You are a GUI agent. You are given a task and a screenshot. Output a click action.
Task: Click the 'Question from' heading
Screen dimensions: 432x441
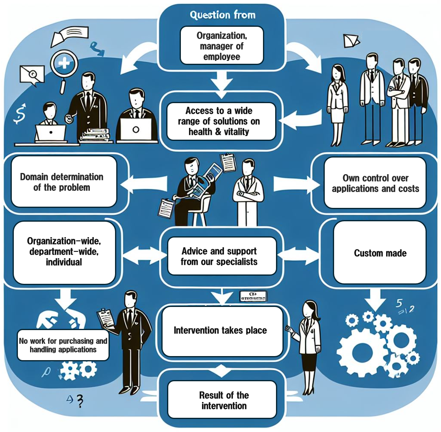pyautogui.click(x=223, y=15)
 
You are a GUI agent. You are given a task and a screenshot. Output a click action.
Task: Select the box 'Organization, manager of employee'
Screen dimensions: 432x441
pyautogui.click(x=222, y=46)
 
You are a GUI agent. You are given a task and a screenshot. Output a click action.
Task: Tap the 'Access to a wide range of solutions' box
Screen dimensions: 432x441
pyautogui.click(x=222, y=121)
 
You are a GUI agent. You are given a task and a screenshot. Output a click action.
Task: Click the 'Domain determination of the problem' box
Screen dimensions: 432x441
pyautogui.click(x=62, y=182)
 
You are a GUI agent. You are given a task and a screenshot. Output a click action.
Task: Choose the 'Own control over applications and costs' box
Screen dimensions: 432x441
pyautogui.click(x=375, y=183)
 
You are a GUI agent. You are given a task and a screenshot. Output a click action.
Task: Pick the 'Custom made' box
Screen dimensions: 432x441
pyautogui.click(x=380, y=253)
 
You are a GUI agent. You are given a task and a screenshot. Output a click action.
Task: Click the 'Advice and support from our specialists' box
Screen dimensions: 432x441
pyautogui.click(x=219, y=256)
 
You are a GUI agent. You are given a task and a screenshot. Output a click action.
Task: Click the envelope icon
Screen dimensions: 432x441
pyautogui.click(x=31, y=74)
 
